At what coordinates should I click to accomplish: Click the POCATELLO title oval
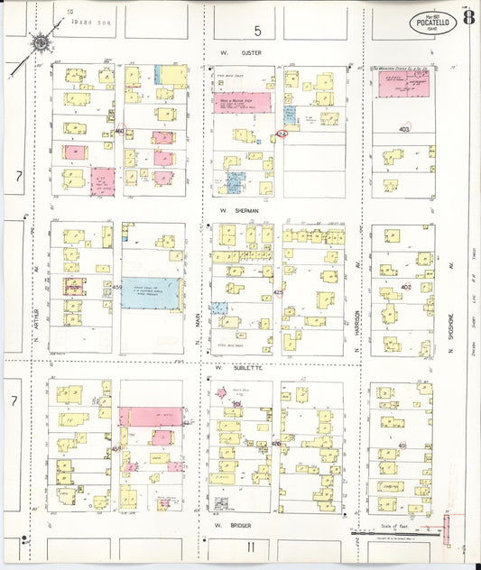432,21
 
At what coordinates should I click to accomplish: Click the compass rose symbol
41,41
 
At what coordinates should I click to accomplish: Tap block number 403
403,129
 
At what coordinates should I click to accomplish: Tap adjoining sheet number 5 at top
256,32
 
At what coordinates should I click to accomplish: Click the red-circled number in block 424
282,135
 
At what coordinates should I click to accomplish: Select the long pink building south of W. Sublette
151,416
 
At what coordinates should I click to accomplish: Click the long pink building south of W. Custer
242,102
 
